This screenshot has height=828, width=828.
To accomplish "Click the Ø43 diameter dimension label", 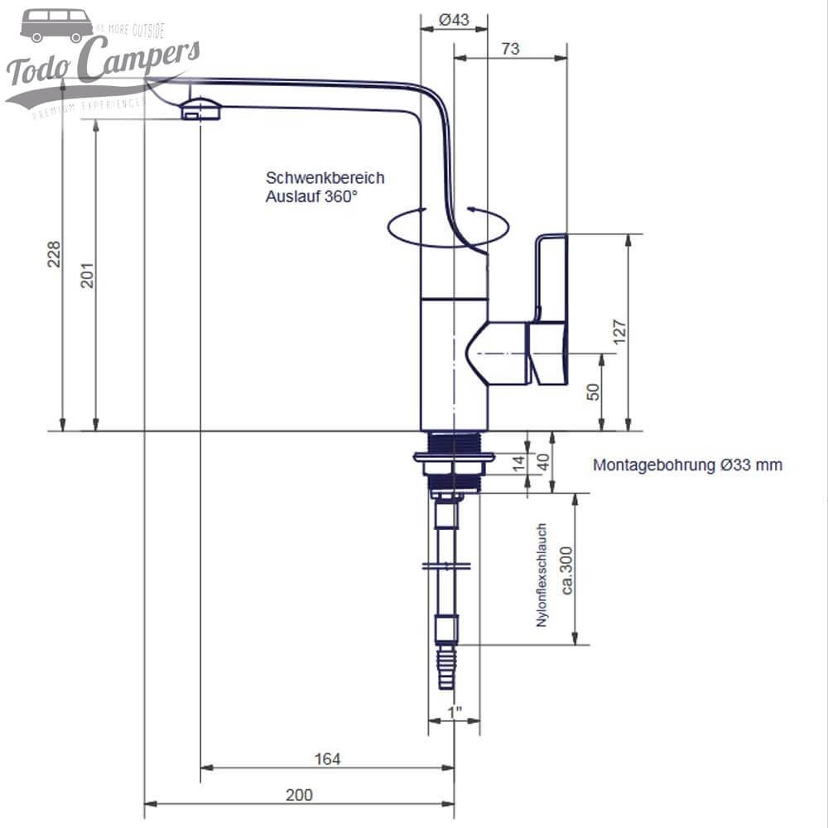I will (454, 19).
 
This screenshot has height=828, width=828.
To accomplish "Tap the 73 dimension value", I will (510, 49).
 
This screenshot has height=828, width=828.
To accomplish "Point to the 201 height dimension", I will (87, 276).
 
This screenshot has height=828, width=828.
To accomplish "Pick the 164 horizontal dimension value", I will (327, 758).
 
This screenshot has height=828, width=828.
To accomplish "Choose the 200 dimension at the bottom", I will (299, 795).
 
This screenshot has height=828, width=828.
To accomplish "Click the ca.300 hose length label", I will (568, 571).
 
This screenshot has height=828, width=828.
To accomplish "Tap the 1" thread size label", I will (454, 712).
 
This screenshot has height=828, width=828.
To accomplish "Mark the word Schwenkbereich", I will (325, 178).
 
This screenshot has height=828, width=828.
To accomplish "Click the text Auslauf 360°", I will (311, 197).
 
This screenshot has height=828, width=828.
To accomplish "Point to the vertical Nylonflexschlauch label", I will (542, 575).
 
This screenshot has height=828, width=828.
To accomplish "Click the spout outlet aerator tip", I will (200, 109).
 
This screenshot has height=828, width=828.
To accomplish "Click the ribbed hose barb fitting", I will (447, 667).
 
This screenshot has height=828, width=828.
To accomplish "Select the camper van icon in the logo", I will (56, 26).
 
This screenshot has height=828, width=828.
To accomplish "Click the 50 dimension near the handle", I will (593, 392).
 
